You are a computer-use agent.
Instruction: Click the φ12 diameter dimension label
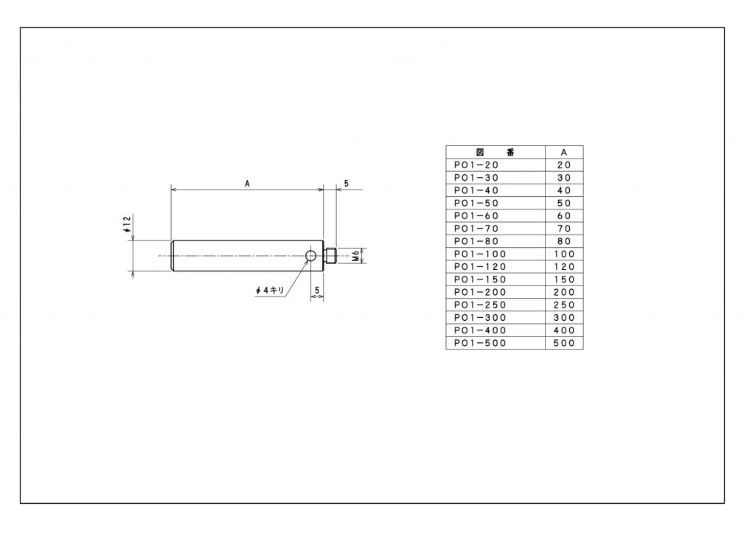[127, 224]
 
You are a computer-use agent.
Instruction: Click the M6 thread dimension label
[356, 256]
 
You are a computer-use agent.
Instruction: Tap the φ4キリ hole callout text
[270, 291]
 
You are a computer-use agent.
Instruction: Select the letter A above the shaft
[247, 184]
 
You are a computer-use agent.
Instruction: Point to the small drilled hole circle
[310, 255]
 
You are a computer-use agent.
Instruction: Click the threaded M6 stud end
[330, 256]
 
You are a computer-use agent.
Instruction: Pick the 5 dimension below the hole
[317, 291]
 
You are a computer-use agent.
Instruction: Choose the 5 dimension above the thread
[347, 184]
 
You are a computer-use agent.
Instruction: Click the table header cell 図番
[495, 152]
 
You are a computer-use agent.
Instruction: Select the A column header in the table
[564, 152]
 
